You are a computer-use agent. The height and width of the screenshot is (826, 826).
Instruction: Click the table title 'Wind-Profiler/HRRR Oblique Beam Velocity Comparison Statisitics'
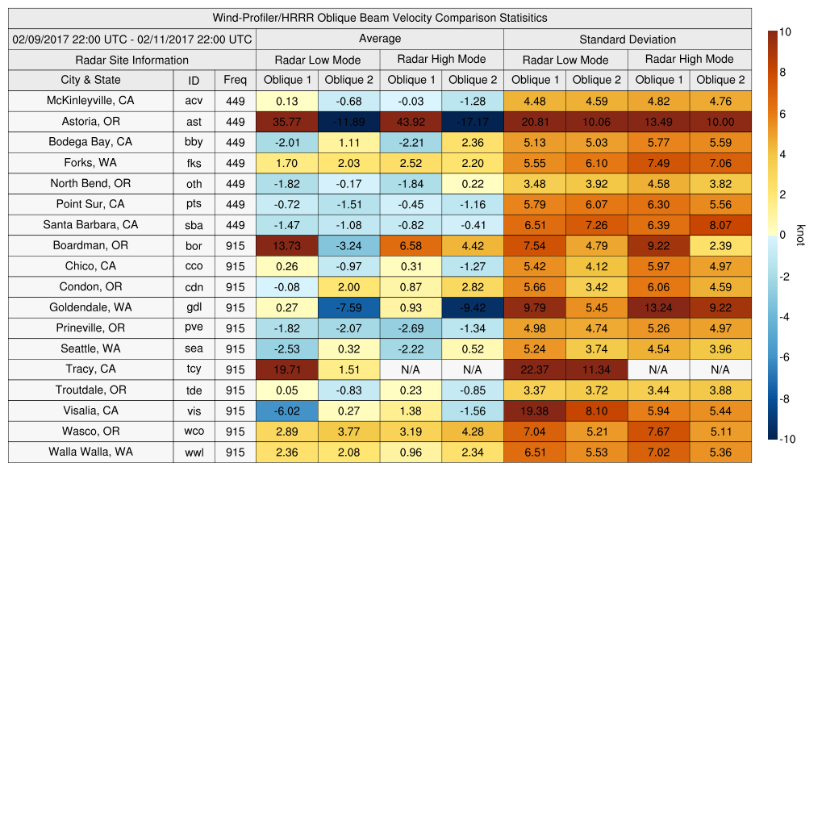coord(379,18)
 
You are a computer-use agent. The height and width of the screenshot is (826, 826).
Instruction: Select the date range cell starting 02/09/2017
coord(132,39)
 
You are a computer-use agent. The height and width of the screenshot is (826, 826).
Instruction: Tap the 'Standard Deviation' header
coord(628,40)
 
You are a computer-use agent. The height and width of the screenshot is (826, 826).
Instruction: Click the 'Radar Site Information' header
coord(131,60)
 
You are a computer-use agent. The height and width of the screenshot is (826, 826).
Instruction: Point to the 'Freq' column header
coord(235,80)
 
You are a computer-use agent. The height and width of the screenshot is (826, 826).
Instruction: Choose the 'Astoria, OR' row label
coord(90,122)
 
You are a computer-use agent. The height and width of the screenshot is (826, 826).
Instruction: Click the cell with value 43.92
coord(411,122)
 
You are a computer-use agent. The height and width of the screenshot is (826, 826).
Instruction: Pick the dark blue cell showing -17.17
coord(472,122)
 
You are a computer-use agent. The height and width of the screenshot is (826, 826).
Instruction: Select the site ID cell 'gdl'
coord(194,308)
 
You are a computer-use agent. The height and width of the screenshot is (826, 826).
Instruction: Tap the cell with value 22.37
coord(534,369)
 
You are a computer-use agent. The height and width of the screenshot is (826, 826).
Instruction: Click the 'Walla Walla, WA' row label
coord(90,452)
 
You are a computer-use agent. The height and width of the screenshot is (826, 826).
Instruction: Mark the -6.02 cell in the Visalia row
coord(286,411)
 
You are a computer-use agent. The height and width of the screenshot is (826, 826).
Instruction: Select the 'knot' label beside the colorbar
coord(801,236)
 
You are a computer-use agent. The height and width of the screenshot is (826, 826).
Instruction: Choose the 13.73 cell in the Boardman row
coord(286,245)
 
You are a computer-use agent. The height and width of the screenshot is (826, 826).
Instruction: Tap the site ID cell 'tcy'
coord(194,369)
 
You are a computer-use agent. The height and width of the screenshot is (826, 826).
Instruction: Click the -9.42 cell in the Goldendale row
coord(472,307)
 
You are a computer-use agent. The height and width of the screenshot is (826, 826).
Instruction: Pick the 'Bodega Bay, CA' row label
coord(90,142)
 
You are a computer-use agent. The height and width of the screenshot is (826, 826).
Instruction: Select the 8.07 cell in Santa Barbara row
coord(720,225)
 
